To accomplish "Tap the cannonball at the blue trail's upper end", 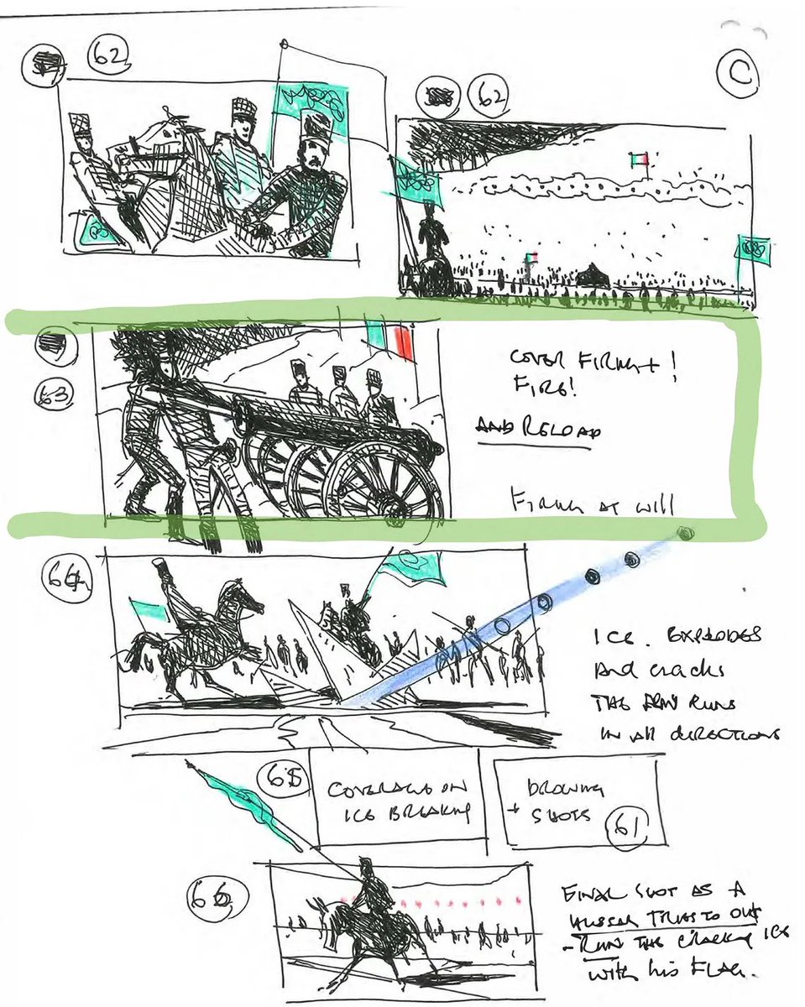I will pos(687,533).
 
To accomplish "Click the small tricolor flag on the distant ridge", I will pos(638,159).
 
